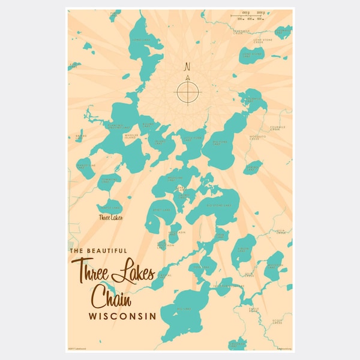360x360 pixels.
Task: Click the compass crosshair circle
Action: (187, 91)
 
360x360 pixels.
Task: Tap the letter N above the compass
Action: (187, 67)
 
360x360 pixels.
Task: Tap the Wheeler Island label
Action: (130, 136)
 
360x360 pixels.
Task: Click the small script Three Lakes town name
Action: (110, 217)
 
